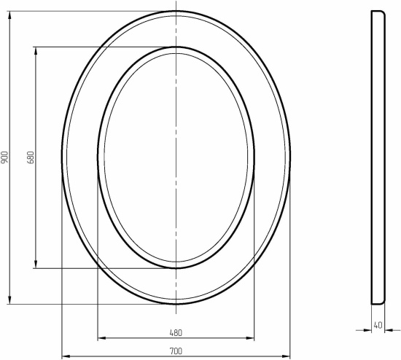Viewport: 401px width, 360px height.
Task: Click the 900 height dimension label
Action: [5, 157]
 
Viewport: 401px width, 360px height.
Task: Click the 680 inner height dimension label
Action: [31, 157]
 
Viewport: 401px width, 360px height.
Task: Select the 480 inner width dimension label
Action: [176, 332]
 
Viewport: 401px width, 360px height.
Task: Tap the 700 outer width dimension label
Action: [176, 351]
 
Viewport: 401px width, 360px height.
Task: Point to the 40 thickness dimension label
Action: [378, 325]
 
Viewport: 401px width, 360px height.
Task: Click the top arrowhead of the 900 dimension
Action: [10, 15]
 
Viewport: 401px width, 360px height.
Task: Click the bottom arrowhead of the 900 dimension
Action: [10, 300]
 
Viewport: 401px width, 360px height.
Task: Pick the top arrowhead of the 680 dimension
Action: [36, 51]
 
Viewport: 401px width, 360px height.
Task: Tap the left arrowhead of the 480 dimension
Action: [101, 338]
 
